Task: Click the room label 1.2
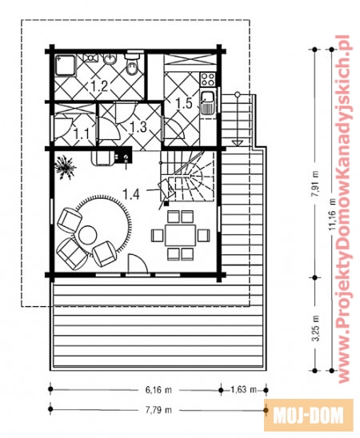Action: tap(99, 86)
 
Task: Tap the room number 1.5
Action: tap(184, 103)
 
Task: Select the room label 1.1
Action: tap(82, 133)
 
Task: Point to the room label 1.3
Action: tap(138, 126)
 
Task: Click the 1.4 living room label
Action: tap(131, 193)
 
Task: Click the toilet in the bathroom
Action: tap(132, 64)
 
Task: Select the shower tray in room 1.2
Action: tap(66, 65)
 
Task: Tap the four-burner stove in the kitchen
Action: tap(208, 79)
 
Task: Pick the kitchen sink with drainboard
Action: tap(208, 103)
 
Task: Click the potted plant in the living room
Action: tap(65, 167)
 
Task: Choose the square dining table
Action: tap(180, 235)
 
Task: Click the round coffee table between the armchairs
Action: tap(88, 235)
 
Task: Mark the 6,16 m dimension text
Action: tap(158, 390)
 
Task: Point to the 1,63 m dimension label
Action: tap(243, 389)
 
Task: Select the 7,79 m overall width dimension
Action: tap(158, 410)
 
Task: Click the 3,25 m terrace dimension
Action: tap(315, 328)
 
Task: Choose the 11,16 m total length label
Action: tap(332, 214)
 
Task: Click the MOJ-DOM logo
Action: tap(308, 415)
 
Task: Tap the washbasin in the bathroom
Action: tap(110, 59)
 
